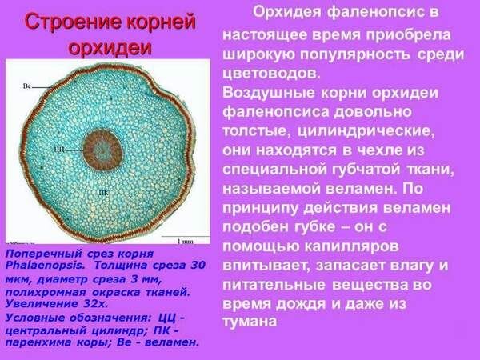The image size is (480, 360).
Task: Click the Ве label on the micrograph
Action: click(x=26, y=85)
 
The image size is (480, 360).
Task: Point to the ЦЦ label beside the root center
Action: click(x=58, y=149)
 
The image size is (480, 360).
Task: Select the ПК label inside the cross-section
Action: click(x=102, y=193)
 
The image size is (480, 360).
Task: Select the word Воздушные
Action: click(x=264, y=93)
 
